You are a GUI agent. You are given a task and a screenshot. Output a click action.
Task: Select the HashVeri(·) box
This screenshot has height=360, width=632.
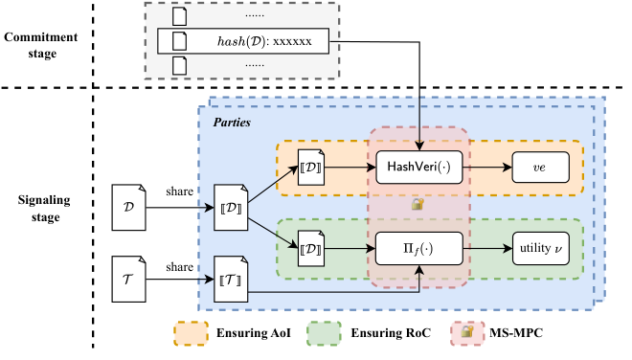[x=418, y=167]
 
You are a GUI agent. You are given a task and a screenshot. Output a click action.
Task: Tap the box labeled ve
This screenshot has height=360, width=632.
[x=539, y=167]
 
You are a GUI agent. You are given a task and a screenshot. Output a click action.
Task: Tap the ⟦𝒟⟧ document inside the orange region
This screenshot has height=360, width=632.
[x=312, y=169]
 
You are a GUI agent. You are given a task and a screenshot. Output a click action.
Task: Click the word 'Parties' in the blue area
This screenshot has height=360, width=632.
[x=232, y=123]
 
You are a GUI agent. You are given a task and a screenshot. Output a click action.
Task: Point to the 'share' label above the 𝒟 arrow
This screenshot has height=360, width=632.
[x=178, y=191]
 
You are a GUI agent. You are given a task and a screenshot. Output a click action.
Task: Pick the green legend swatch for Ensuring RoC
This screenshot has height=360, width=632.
[x=328, y=332]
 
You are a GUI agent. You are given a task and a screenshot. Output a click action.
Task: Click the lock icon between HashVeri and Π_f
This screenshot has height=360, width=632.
[x=417, y=205]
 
